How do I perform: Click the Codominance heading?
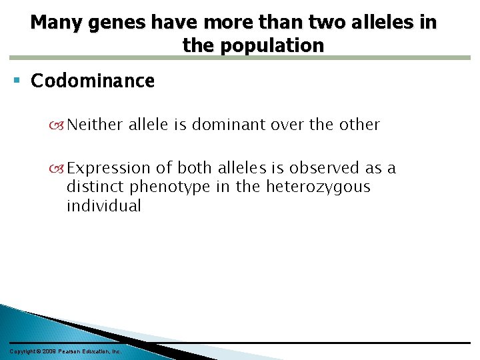tap(93, 81)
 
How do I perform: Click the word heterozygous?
tap(318, 187)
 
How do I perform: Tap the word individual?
tap(104, 206)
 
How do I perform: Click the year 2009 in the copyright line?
tap(47, 351)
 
